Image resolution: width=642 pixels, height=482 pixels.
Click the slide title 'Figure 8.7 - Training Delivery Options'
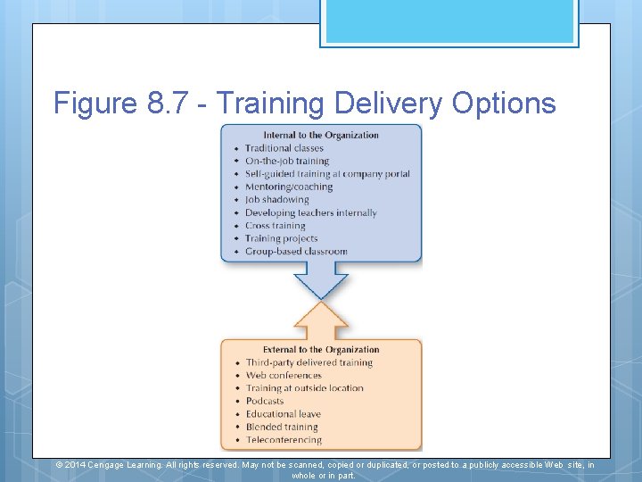(x=304, y=104)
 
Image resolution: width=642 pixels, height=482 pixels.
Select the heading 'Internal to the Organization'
(x=321, y=136)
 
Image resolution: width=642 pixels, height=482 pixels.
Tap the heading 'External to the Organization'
(x=321, y=350)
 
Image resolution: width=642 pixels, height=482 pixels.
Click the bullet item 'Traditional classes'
(x=284, y=148)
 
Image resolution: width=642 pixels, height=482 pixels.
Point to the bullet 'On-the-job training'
(x=287, y=162)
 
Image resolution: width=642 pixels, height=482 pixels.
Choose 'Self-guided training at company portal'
(x=327, y=174)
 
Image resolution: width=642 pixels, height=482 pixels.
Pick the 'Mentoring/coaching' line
(x=289, y=187)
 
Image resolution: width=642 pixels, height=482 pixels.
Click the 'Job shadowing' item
(x=277, y=200)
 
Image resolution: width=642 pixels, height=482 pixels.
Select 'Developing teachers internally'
(x=311, y=213)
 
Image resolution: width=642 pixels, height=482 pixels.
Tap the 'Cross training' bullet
(x=276, y=226)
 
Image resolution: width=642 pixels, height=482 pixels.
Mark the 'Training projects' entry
(x=282, y=238)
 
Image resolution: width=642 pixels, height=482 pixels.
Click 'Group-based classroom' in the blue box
(x=296, y=252)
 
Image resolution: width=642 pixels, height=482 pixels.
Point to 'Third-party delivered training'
(x=309, y=362)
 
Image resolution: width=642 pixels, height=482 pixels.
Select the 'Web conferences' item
(x=284, y=376)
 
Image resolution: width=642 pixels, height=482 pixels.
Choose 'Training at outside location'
(x=305, y=388)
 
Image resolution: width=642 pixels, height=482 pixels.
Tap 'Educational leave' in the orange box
(x=284, y=414)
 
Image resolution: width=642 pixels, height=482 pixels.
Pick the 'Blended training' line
(x=282, y=427)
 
